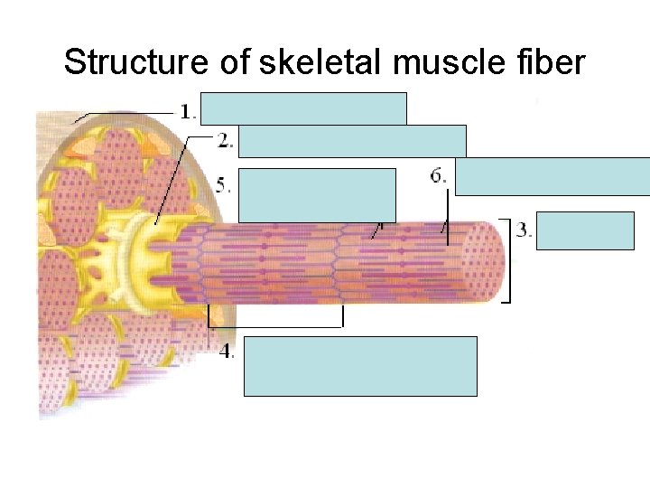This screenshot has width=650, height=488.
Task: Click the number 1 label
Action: [x=187, y=112]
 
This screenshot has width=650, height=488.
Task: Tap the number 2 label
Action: [x=225, y=140]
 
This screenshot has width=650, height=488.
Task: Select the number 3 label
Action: [x=524, y=230]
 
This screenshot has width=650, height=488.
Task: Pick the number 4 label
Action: [x=226, y=352]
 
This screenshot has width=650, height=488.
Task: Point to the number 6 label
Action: [x=438, y=175]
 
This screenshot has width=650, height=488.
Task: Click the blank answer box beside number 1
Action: [x=303, y=108]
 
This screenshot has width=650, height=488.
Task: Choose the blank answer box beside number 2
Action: [x=352, y=141]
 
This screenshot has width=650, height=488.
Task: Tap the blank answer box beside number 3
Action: [x=585, y=230]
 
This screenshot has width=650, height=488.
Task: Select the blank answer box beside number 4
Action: [x=360, y=366]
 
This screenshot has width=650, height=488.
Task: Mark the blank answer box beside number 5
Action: [x=317, y=194]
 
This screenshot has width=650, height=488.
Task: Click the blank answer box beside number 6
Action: [x=552, y=176]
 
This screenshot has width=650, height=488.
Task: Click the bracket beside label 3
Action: [x=508, y=261]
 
